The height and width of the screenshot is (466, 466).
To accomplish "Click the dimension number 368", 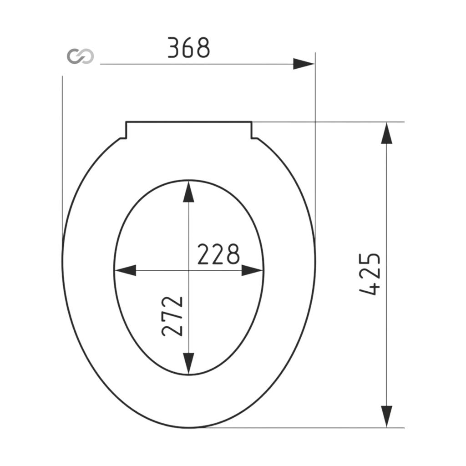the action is (x=189, y=47).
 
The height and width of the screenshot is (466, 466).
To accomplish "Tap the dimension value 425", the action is (x=370, y=274).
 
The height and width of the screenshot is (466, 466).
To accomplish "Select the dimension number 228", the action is (x=218, y=254).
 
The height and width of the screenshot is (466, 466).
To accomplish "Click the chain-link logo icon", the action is (x=80, y=56).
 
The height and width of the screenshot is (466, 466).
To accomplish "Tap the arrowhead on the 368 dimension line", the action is (x=304, y=64).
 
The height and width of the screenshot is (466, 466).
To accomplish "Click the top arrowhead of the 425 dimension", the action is (x=387, y=133).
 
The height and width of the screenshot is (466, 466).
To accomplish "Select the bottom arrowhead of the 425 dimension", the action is (x=387, y=417).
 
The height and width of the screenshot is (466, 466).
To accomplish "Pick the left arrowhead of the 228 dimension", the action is (x=126, y=270).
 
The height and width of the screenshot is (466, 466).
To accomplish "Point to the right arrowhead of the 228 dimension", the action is (x=252, y=270).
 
